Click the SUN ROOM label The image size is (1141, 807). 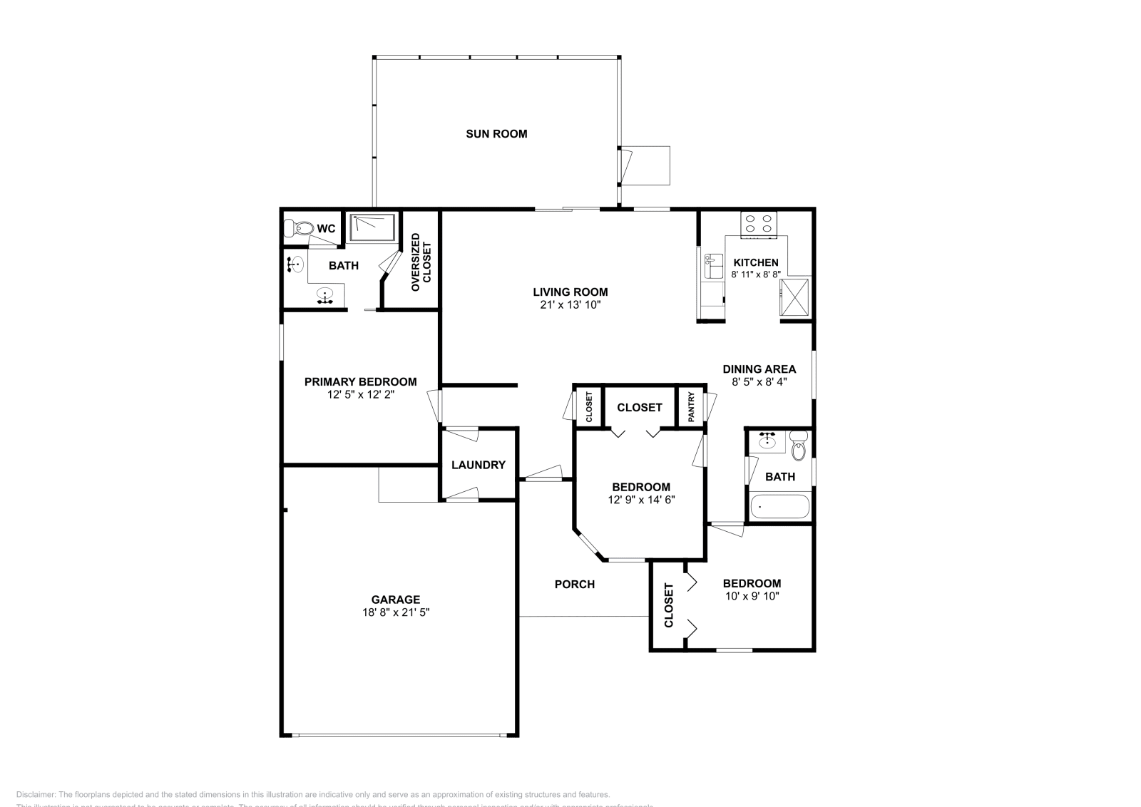[x=496, y=134]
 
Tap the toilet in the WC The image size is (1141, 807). [x=298, y=229]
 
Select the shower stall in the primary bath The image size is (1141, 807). [x=372, y=227]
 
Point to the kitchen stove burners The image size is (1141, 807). [x=757, y=225]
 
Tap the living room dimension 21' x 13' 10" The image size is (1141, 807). [x=570, y=304]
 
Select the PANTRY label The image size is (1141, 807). [x=691, y=407]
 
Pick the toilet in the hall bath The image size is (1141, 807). [x=798, y=448]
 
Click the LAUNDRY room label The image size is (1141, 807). [x=478, y=465]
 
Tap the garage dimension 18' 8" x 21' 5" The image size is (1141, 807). [x=396, y=612]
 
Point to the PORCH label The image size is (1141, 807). [x=574, y=585]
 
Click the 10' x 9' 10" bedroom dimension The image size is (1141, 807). [x=752, y=595]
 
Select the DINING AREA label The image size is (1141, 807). [x=759, y=369]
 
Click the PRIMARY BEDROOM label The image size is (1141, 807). [x=360, y=382]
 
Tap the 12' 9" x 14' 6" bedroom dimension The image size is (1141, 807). [x=641, y=500]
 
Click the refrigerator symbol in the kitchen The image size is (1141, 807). [x=794, y=297]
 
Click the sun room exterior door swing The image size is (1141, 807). [x=625, y=164]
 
